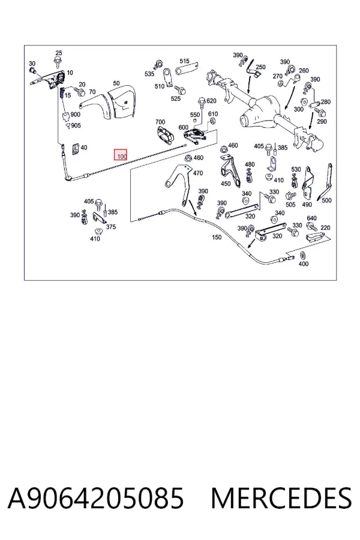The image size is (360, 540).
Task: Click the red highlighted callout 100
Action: pyautogui.click(x=121, y=155)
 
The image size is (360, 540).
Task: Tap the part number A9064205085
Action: pyautogui.click(x=96, y=498)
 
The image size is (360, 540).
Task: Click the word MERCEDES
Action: pyautogui.click(x=281, y=498)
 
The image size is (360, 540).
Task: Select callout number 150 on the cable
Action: pyautogui.click(x=217, y=237)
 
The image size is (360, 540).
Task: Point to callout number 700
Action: pyautogui.click(x=160, y=122)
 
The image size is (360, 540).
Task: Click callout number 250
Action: pyautogui.click(x=261, y=67)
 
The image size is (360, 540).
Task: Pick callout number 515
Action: pyautogui.click(x=184, y=61)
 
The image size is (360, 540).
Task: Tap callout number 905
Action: pyautogui.click(x=76, y=125)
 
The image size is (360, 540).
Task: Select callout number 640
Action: pyautogui.click(x=311, y=218)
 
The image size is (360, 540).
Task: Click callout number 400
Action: pyautogui.click(x=304, y=264)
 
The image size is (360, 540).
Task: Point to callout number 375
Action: pyautogui.click(x=111, y=227)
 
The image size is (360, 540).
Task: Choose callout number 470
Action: pyautogui.click(x=198, y=173)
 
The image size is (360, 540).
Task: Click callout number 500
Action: pyautogui.click(x=326, y=200)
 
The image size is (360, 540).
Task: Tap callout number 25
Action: pyautogui.click(x=59, y=53)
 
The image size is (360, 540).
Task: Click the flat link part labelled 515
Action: pyautogui.click(x=187, y=69)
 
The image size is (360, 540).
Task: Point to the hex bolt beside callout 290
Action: pyautogui.click(x=320, y=112)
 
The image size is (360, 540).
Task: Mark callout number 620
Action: pyautogui.click(x=211, y=101)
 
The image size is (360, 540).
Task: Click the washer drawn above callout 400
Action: pyautogui.click(x=303, y=256)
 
